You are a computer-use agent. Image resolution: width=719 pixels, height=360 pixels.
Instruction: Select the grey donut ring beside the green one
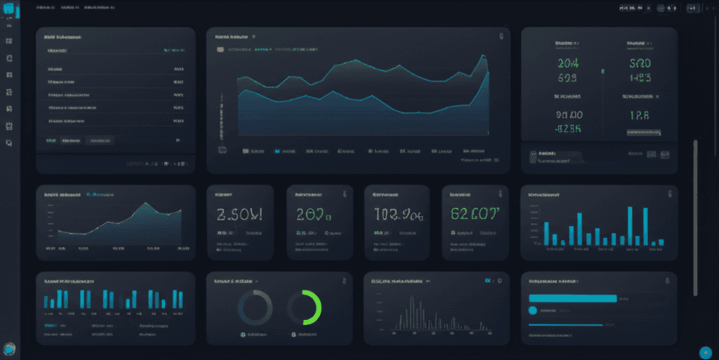[255, 308]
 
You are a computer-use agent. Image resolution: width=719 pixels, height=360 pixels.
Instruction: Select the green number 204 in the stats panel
[567, 62]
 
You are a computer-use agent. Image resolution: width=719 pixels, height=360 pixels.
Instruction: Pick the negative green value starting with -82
[569, 128]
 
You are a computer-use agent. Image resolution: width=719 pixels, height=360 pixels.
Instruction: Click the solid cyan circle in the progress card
[532, 309]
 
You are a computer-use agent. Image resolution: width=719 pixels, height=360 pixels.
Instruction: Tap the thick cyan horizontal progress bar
[572, 298]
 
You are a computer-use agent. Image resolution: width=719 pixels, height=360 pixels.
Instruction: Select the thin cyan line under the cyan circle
[565, 324]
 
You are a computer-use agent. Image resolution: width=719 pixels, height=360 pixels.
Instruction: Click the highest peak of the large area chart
[484, 56]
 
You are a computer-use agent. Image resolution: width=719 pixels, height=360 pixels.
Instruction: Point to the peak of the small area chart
[145, 204]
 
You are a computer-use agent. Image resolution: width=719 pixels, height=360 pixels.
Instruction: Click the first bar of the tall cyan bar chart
[546, 233]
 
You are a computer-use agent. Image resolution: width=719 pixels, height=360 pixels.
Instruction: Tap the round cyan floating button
[706, 352]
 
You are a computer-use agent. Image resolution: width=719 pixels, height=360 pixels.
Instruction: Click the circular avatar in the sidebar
[9, 349]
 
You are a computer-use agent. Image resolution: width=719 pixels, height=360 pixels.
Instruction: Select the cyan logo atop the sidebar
[11, 11]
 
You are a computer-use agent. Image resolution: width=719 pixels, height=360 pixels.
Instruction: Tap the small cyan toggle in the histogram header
[487, 280]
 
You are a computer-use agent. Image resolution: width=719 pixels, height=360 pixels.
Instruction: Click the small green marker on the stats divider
[602, 71]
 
